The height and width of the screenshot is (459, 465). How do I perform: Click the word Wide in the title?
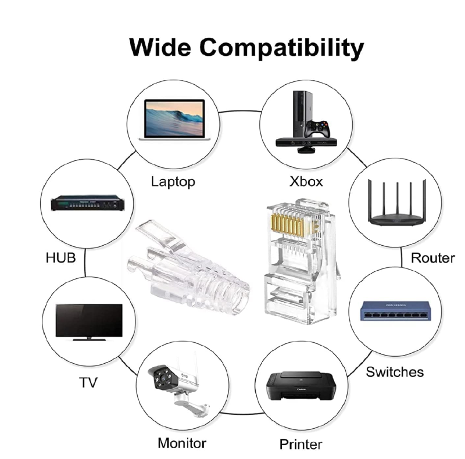[160, 47]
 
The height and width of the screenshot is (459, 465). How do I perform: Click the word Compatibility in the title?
[281, 49]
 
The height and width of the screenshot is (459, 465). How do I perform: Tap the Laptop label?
[173, 182]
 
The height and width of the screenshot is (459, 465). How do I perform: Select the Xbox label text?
[306, 181]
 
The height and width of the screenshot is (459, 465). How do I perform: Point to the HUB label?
[61, 257]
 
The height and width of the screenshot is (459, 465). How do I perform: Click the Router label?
[432, 258]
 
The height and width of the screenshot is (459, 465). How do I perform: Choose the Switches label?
[395, 372]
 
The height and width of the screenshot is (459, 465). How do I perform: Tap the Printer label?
[301, 444]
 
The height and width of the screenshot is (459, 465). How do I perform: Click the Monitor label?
[182, 443]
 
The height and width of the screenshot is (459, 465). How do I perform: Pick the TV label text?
[88, 382]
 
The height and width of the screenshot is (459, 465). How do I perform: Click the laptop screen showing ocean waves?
[174, 118]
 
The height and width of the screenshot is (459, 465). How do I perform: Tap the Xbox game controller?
[318, 129]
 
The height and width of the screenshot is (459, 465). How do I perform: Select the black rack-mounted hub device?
[88, 203]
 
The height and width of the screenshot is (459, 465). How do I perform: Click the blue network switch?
[395, 311]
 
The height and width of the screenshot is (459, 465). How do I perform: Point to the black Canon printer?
[301, 385]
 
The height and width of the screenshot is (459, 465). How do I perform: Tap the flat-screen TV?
[89, 322]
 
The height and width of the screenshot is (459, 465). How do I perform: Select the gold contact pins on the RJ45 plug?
[288, 225]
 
